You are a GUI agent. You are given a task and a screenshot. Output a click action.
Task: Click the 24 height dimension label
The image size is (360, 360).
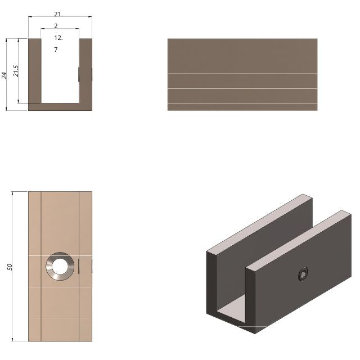point(4,75)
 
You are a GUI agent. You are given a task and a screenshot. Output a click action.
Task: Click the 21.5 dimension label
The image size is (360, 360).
point(16,71)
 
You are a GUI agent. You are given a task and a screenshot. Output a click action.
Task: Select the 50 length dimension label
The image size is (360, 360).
point(10,267)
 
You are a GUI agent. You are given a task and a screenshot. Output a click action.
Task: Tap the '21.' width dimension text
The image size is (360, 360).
point(58,13)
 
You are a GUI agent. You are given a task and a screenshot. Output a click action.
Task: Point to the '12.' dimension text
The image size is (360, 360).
point(58,38)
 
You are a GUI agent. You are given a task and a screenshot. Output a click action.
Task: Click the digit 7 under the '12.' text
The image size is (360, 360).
point(56,50)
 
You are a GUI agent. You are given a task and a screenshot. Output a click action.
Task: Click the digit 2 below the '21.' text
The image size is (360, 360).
point(56,26)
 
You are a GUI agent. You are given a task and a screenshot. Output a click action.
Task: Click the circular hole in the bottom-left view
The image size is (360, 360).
point(60,265)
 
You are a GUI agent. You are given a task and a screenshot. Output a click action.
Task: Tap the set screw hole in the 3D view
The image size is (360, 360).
point(303,274)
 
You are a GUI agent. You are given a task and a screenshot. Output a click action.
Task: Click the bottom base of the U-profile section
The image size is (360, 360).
point(60,107)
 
